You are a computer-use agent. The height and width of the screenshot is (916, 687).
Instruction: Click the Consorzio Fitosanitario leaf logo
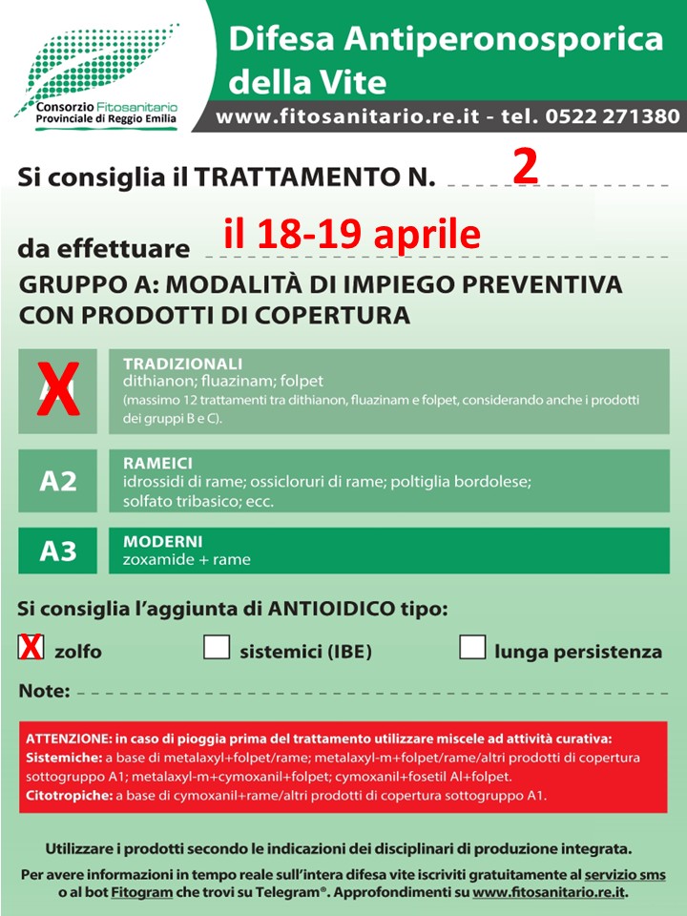point(95,62)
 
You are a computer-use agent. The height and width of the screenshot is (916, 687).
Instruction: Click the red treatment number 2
point(526,166)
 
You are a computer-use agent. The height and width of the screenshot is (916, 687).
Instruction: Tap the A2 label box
point(57,481)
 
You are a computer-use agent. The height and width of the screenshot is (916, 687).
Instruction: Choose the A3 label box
point(57,551)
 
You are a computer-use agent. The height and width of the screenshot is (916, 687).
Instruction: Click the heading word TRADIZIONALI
point(182,364)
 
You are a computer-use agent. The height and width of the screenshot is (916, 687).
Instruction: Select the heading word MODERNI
point(162,541)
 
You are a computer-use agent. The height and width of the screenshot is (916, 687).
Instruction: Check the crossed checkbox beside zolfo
point(31,648)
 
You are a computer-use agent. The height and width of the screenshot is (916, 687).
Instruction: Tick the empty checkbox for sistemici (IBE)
point(217,647)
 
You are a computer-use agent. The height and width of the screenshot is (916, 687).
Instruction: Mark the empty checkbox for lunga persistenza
point(472,647)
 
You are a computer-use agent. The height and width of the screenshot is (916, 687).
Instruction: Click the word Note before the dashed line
point(44,690)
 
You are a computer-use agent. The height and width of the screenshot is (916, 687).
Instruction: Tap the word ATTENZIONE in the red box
point(70,739)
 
